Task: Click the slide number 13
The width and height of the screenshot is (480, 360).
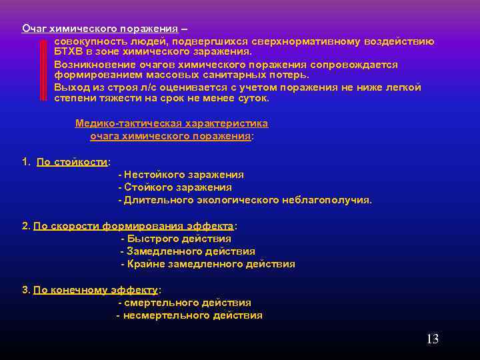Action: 432,339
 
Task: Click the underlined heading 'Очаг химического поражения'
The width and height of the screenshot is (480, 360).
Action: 100,29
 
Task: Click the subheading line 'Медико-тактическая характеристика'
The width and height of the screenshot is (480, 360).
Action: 171,123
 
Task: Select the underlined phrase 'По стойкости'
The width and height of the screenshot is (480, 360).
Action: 72,161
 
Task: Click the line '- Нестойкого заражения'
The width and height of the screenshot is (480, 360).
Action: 181,174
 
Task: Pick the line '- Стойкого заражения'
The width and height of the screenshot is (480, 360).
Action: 175,187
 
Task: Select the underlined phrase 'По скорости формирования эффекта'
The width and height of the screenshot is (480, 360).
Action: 133,226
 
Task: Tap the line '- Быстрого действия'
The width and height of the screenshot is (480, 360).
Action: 176,239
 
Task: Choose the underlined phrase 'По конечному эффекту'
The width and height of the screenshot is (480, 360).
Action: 95,290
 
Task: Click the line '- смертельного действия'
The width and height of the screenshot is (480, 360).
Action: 184,303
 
